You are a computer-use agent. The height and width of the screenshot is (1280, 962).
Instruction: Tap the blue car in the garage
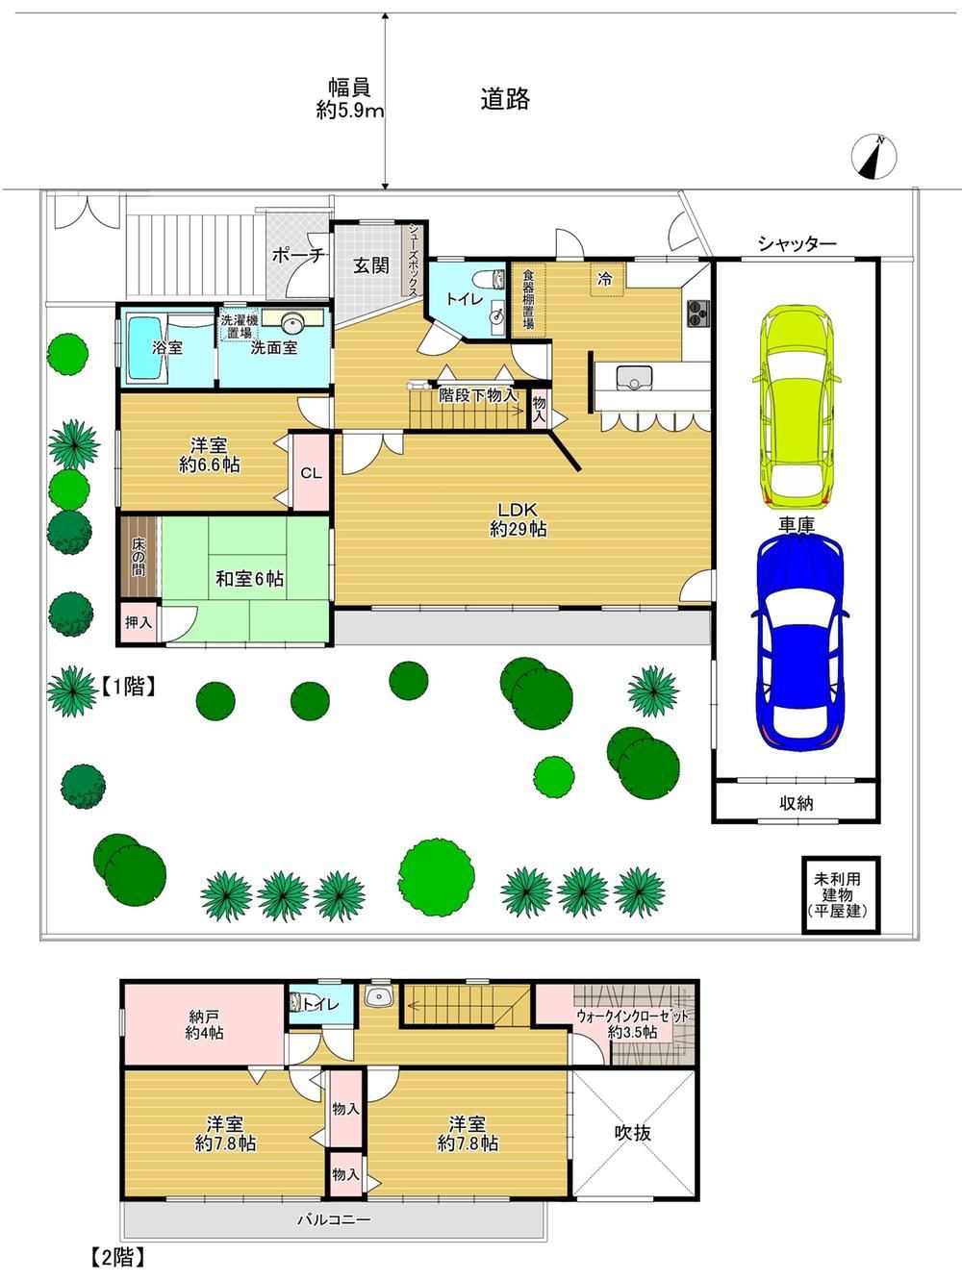799,643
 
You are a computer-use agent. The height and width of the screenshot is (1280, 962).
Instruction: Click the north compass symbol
873,157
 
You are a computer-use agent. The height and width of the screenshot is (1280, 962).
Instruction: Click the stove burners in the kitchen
697,314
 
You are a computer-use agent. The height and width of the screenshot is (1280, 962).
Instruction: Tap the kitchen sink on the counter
634,377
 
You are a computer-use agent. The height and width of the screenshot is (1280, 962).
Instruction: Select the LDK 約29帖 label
518,519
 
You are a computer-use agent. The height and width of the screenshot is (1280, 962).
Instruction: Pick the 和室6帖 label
250,579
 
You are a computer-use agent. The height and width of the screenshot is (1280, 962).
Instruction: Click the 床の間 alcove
139,557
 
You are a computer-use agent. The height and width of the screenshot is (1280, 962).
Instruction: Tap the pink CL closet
311,472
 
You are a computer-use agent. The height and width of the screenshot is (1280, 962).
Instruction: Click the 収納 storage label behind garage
797,804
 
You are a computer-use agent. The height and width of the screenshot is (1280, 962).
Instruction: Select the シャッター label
797,243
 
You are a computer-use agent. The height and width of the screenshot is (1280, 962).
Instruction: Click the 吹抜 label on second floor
632,1133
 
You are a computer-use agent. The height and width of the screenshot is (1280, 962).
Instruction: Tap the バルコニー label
334,1218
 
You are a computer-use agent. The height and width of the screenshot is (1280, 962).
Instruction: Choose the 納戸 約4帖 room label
204,1025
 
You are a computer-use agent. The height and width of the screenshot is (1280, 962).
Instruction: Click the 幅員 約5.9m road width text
350,98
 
